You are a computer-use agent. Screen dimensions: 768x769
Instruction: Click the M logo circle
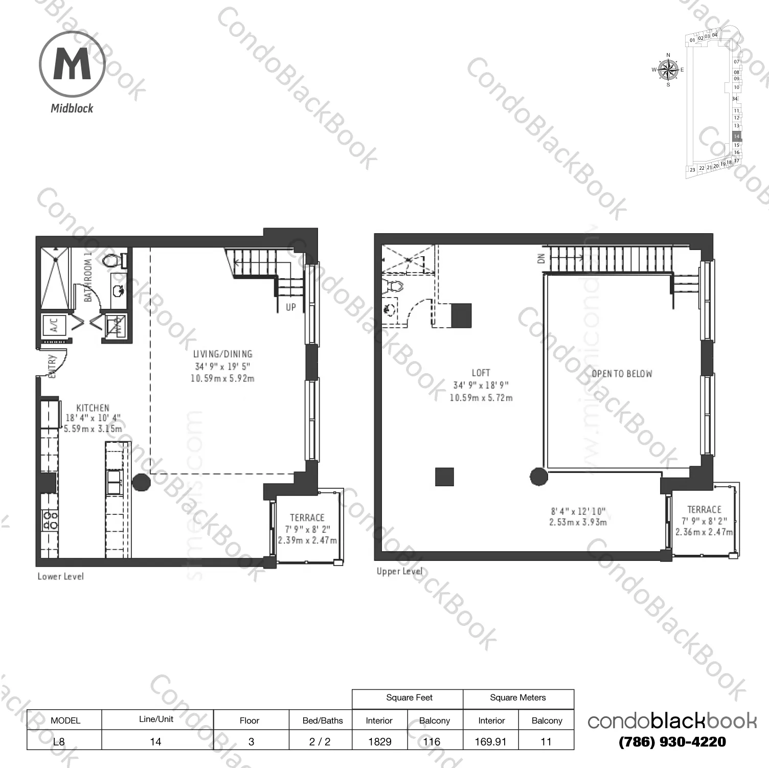click(72, 64)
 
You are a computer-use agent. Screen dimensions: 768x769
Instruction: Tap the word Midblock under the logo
click(72, 108)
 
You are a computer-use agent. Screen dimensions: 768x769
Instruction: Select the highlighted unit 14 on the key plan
click(736, 137)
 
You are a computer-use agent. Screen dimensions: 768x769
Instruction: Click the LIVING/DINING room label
click(223, 354)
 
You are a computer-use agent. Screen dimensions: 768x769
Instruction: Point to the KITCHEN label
click(93, 408)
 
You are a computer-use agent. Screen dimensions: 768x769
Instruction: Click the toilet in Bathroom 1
click(112, 260)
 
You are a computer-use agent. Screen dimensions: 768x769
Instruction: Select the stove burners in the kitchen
click(50, 520)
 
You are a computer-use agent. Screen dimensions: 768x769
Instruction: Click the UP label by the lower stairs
click(290, 307)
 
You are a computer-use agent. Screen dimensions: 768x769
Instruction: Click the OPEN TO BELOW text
click(622, 374)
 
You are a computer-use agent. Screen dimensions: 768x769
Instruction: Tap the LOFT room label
click(481, 373)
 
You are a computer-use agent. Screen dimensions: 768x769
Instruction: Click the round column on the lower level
click(141, 482)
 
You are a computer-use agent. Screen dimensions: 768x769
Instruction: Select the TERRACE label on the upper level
click(704, 509)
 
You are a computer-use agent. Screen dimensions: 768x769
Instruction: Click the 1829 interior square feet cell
click(379, 741)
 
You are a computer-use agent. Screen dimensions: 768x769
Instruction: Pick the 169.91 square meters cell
click(490, 741)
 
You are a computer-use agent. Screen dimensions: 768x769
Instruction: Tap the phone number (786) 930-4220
click(672, 741)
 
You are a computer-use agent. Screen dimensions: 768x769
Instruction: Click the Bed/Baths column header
click(323, 720)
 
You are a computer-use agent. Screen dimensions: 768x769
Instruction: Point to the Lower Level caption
click(60, 576)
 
